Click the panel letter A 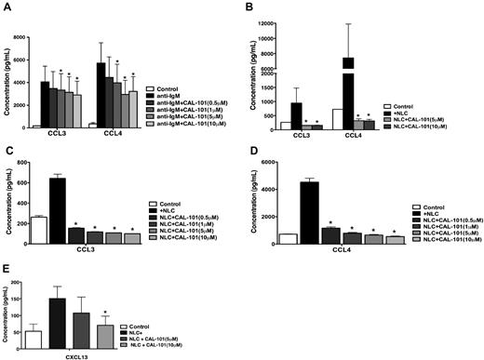tap(7, 7)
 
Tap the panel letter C tap(7, 151)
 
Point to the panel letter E tap(7, 271)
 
